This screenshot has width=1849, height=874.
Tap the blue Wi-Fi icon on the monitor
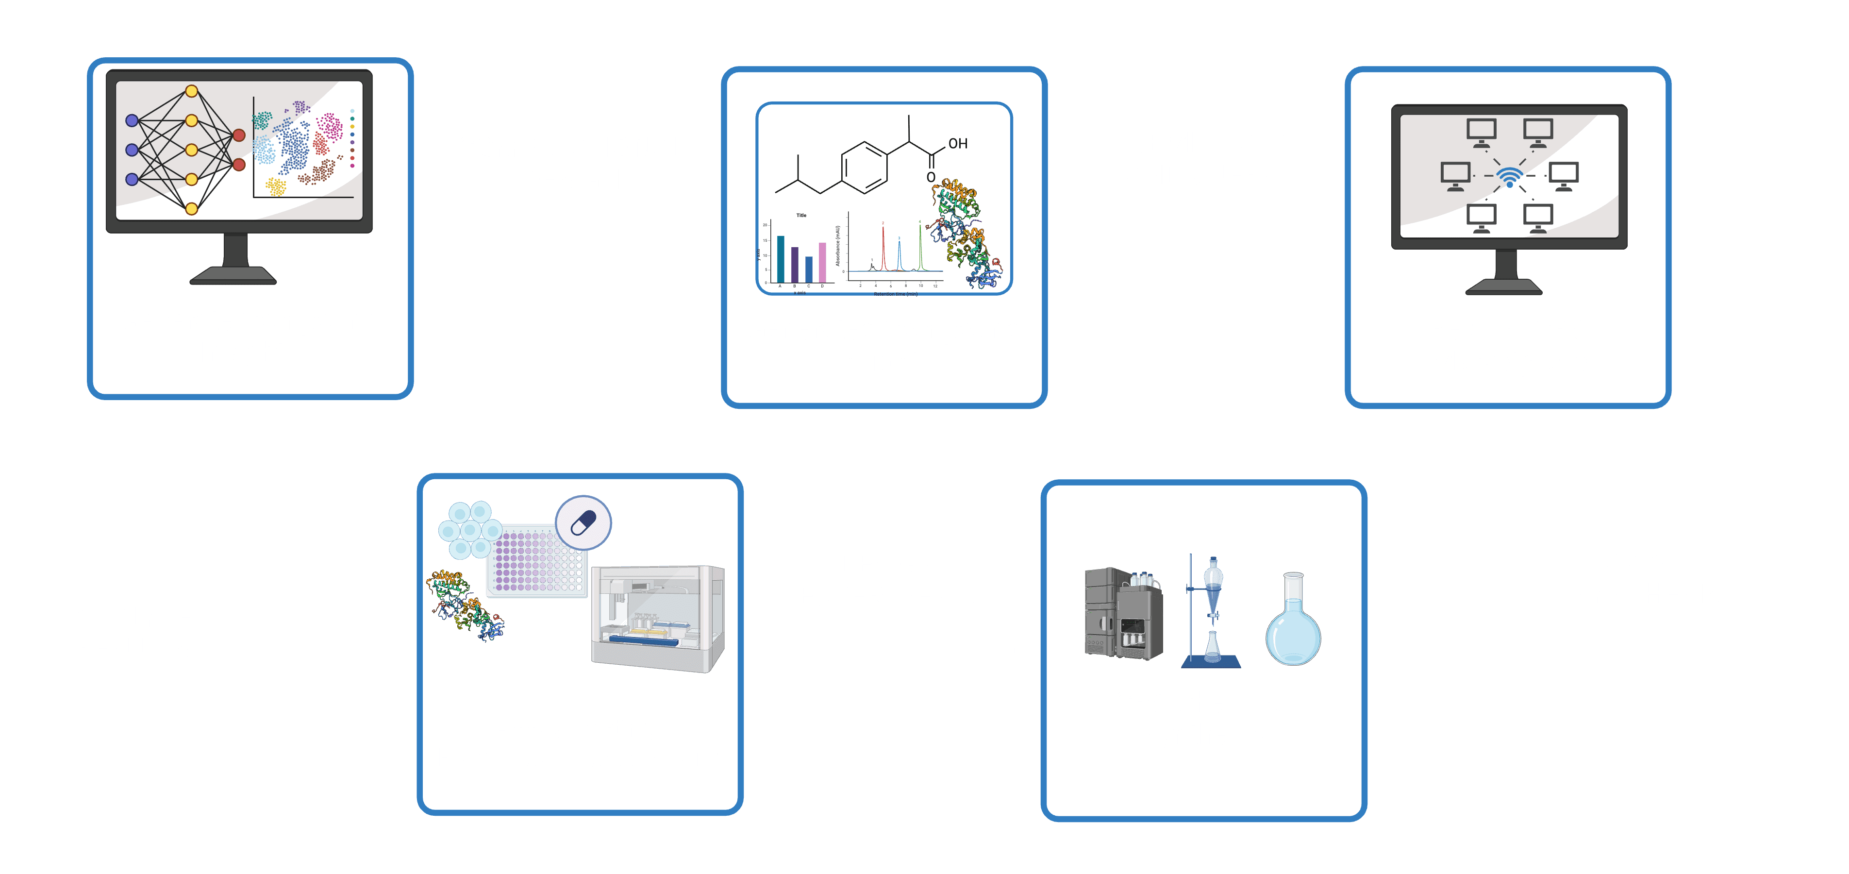[x=1510, y=177]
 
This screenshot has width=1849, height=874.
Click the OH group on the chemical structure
[x=958, y=144]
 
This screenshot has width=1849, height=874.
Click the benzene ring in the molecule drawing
[x=864, y=168]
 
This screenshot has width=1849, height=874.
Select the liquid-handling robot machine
[x=657, y=618]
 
